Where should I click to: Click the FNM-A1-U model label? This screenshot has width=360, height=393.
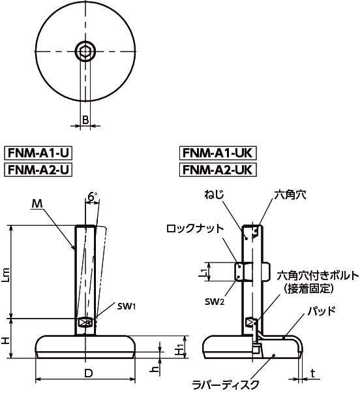38,153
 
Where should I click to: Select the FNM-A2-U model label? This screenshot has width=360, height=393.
38,170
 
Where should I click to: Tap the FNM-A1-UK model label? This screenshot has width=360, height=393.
218,153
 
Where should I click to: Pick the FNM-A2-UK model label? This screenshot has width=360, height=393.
218,170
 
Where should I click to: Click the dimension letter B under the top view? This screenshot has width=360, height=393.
85,120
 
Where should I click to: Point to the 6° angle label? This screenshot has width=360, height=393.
93,197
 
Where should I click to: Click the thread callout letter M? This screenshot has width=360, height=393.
37,204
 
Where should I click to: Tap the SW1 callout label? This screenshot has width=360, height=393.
127,306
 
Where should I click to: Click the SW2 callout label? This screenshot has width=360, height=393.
215,302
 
